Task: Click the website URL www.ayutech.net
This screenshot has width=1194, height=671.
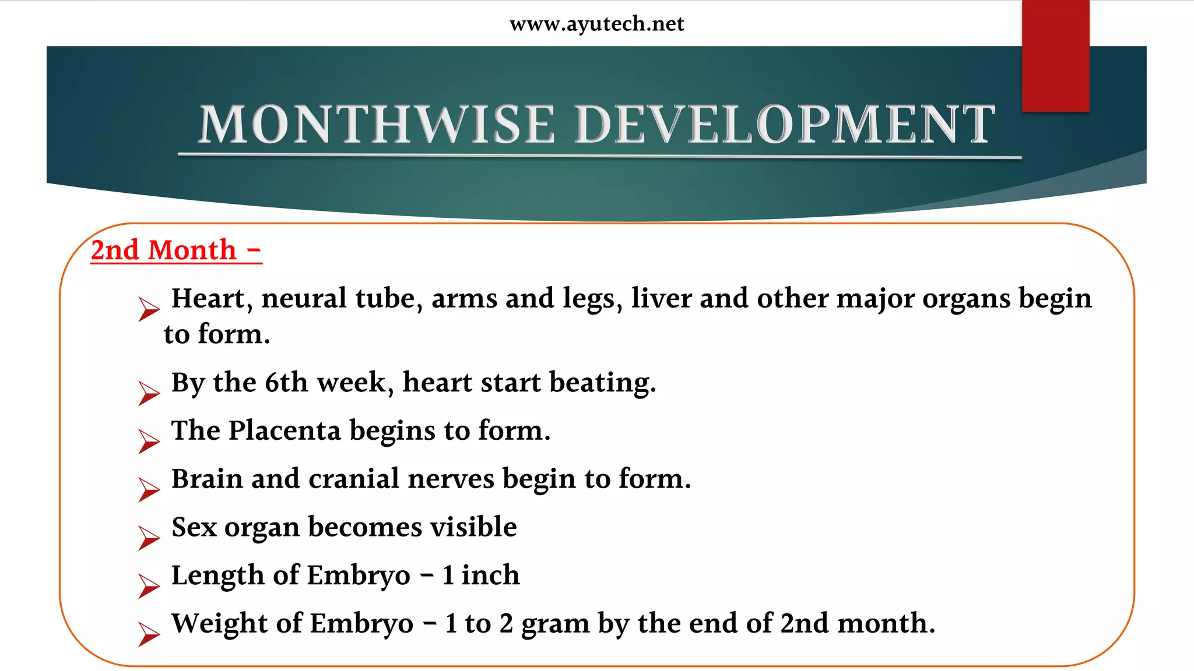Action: click(596, 24)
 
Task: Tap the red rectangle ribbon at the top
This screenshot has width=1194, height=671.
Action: click(1055, 56)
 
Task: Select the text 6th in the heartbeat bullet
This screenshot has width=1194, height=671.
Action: click(286, 383)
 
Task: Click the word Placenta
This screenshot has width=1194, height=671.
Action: click(285, 431)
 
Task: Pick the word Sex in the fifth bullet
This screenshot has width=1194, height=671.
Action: click(194, 527)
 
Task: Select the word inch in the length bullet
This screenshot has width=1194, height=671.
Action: click(490, 575)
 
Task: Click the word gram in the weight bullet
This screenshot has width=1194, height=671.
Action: click(555, 624)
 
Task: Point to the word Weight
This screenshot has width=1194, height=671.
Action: click(220, 624)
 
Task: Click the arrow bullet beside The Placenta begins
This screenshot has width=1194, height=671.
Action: click(149, 441)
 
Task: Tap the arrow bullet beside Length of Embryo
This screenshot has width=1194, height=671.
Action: click(149, 585)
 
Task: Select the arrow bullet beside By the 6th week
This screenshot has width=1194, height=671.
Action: click(149, 393)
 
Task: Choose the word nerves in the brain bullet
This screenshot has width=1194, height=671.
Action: click(451, 479)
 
